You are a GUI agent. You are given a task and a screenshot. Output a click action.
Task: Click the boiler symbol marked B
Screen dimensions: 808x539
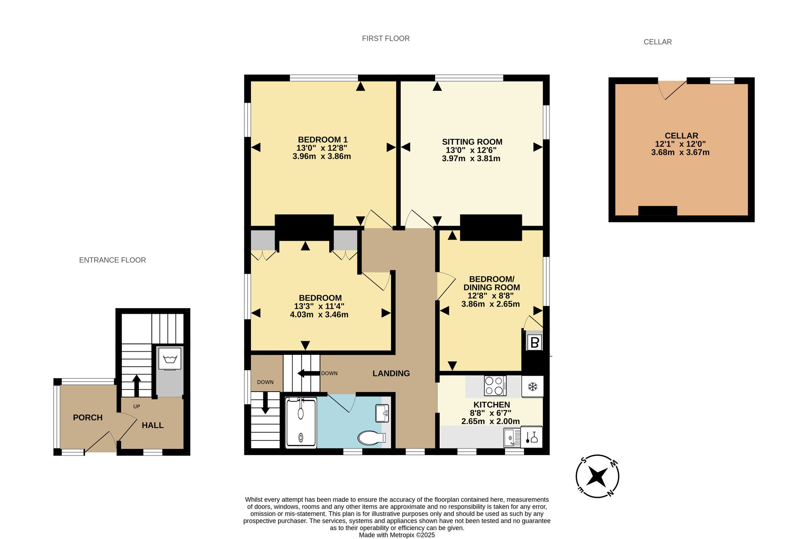click(534, 343)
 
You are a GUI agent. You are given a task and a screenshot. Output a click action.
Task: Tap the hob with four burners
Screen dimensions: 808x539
click(495, 386)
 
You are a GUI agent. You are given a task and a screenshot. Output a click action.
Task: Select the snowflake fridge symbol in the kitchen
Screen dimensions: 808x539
click(532, 387)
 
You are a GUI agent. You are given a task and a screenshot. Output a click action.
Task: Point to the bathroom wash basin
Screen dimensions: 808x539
click(382, 413)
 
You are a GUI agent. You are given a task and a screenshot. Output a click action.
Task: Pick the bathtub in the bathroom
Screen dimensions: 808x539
click(301, 422)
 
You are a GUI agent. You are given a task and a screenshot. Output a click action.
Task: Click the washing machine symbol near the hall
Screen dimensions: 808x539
click(170, 358)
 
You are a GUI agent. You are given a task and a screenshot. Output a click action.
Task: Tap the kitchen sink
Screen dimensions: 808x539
click(512, 438)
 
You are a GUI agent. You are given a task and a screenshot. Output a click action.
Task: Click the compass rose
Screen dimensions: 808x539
click(597, 476)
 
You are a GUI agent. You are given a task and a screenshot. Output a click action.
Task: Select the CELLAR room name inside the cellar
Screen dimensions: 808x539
click(682, 136)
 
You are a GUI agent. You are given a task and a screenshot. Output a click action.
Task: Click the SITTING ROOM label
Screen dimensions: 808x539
click(472, 142)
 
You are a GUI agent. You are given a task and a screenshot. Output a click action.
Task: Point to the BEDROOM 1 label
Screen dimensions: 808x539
click(323, 140)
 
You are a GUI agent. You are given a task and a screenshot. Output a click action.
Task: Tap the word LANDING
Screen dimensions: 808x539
click(391, 373)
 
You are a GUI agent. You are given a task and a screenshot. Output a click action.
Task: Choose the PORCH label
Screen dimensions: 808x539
click(88, 417)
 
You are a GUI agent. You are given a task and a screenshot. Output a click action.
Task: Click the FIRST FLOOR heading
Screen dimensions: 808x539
click(386, 38)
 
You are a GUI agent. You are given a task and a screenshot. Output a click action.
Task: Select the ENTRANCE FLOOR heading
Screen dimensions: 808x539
click(112, 260)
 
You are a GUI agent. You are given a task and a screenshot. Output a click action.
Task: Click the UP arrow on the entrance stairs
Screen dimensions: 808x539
click(137, 386)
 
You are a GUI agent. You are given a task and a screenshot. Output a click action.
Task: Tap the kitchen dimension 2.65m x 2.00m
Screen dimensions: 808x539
click(490, 421)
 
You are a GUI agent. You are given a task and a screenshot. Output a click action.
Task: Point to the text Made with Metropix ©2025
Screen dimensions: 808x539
click(397, 535)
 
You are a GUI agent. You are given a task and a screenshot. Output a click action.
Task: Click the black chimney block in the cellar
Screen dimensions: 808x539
click(658, 211)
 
